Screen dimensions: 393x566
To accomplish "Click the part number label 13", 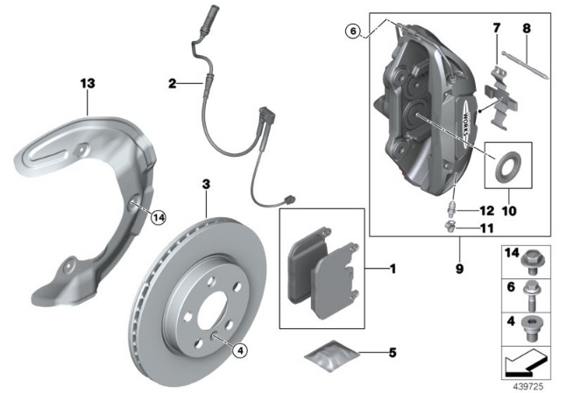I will click(x=87, y=84).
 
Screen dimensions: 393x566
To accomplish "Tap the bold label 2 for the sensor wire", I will click(x=173, y=84).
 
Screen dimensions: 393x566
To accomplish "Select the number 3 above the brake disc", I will click(x=207, y=185).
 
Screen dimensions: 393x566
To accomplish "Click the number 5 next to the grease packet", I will click(x=393, y=354).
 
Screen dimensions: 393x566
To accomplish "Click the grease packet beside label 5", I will click(x=330, y=358).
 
